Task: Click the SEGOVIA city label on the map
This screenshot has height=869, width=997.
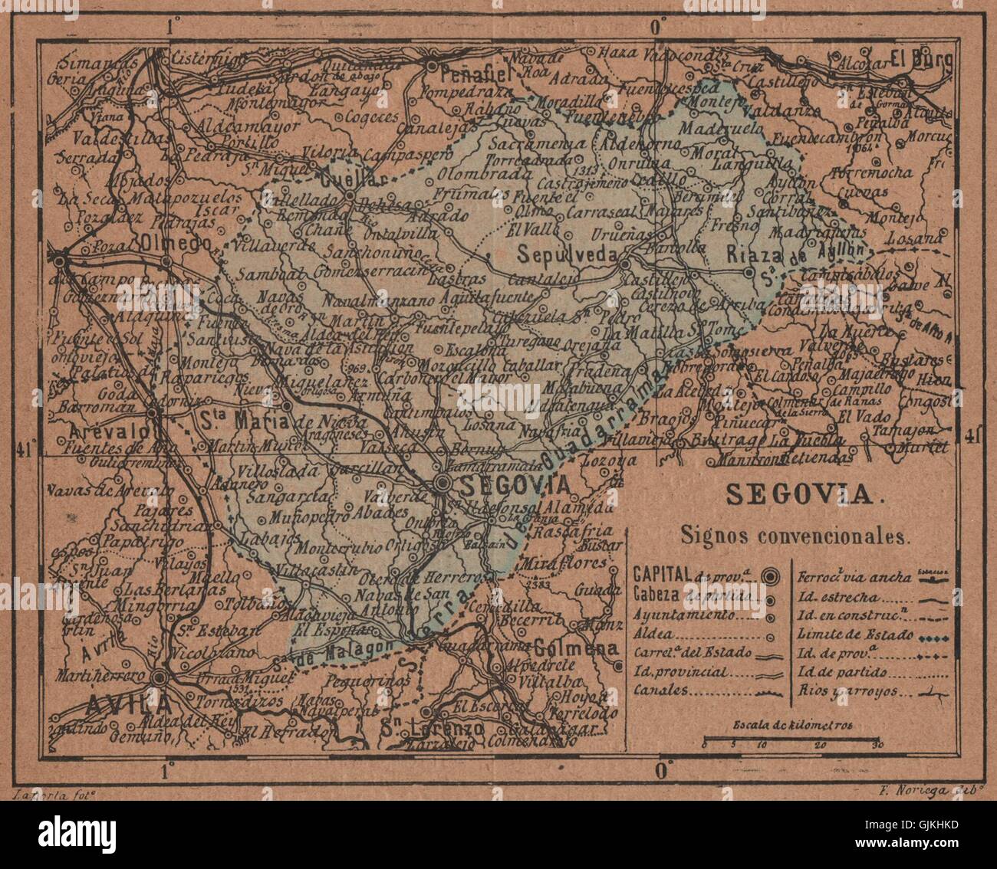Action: coord(515,485)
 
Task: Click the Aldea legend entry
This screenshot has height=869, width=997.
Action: coord(650,635)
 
